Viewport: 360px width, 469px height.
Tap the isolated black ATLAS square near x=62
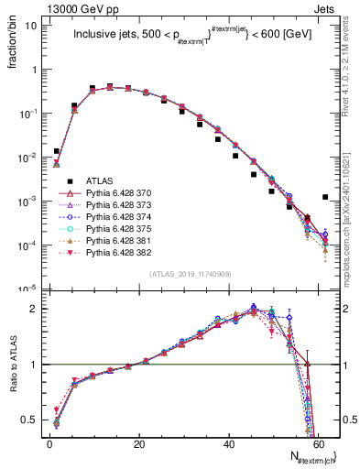tap(326, 197)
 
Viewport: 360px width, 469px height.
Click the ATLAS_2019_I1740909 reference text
tap(190, 274)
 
